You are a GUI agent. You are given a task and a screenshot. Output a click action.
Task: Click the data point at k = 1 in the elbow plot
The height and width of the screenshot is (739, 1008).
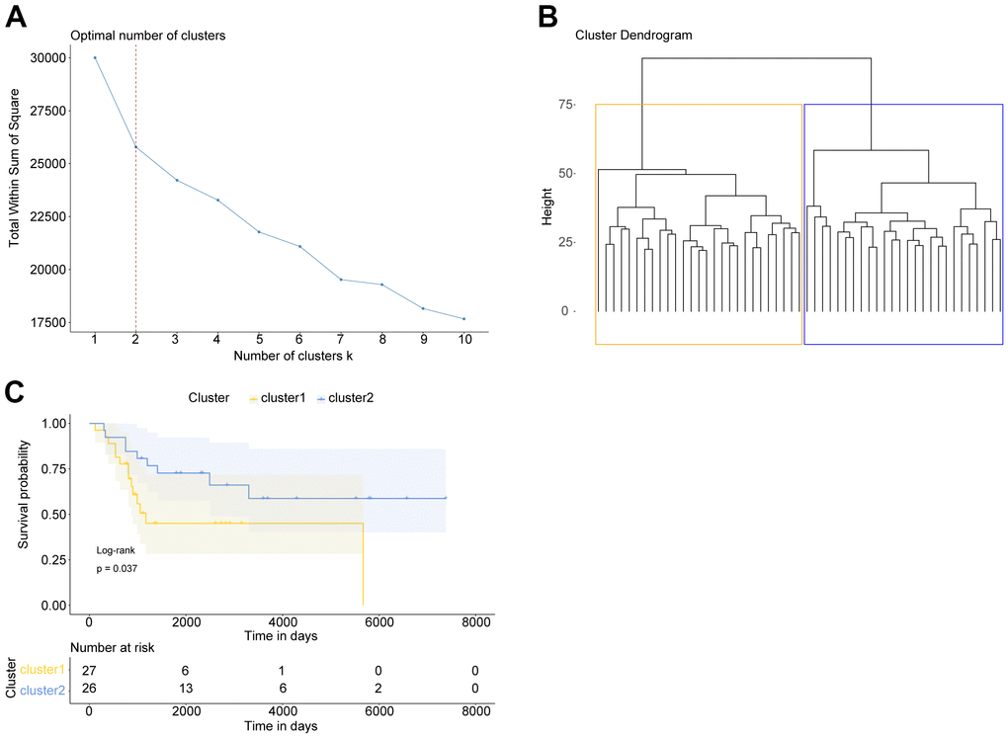95,57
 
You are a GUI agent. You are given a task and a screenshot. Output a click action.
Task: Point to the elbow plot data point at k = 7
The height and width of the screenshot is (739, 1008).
341,280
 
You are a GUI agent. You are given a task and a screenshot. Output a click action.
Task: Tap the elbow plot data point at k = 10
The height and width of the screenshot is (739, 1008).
464,319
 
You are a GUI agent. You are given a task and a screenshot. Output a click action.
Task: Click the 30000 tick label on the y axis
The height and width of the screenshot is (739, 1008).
47,57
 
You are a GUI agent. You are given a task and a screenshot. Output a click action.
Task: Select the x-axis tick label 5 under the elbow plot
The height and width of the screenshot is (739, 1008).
259,340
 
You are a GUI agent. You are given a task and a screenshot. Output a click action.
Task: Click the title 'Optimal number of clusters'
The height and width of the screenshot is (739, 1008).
148,36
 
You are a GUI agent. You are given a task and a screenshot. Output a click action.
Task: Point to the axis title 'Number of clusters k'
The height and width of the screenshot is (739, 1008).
280,355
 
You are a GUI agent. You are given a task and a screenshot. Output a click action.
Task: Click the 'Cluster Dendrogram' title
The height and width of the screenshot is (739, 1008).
633,36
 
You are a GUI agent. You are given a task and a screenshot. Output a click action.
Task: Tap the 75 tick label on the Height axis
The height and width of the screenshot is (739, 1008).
564,104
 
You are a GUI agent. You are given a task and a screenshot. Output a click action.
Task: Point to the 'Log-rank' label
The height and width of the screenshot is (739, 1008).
115,549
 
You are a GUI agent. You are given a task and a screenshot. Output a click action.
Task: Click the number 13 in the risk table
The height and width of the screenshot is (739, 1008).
186,690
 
